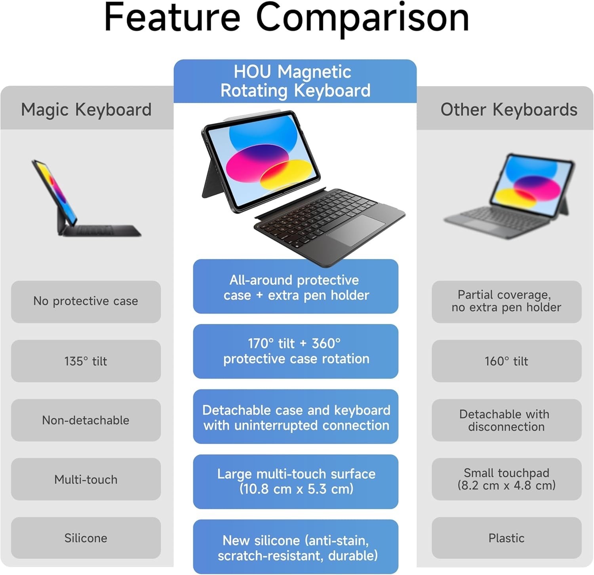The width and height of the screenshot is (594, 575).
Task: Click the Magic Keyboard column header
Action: [x=86, y=109]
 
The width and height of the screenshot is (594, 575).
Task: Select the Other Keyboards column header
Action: [x=509, y=109]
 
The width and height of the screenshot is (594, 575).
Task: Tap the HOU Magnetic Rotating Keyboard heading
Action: [x=295, y=81]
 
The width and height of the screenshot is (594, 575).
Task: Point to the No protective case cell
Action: [x=86, y=301]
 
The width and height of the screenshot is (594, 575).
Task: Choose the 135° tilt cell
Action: [x=86, y=361]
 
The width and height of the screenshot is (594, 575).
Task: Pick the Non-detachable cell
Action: [x=86, y=420]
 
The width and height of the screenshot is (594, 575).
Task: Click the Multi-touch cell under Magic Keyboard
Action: [x=86, y=479]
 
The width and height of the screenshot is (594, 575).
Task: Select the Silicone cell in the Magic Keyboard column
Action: [x=86, y=538]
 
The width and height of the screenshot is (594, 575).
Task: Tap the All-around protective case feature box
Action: [x=295, y=286]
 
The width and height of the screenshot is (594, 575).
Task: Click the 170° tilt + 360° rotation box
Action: [x=295, y=351]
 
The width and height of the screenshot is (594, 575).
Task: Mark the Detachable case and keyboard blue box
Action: [x=295, y=416]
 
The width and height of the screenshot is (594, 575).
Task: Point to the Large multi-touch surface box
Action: [x=295, y=481]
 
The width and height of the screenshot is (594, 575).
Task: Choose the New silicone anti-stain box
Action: [x=295, y=546]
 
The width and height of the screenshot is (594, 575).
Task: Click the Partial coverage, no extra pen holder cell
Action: [x=506, y=301]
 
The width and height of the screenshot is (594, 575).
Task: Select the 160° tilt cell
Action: [x=506, y=361]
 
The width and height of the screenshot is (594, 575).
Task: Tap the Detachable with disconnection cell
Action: [x=506, y=420]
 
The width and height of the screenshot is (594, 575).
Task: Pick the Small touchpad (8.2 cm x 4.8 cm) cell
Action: [x=506, y=479]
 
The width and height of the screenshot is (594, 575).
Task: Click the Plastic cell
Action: [x=506, y=538]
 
